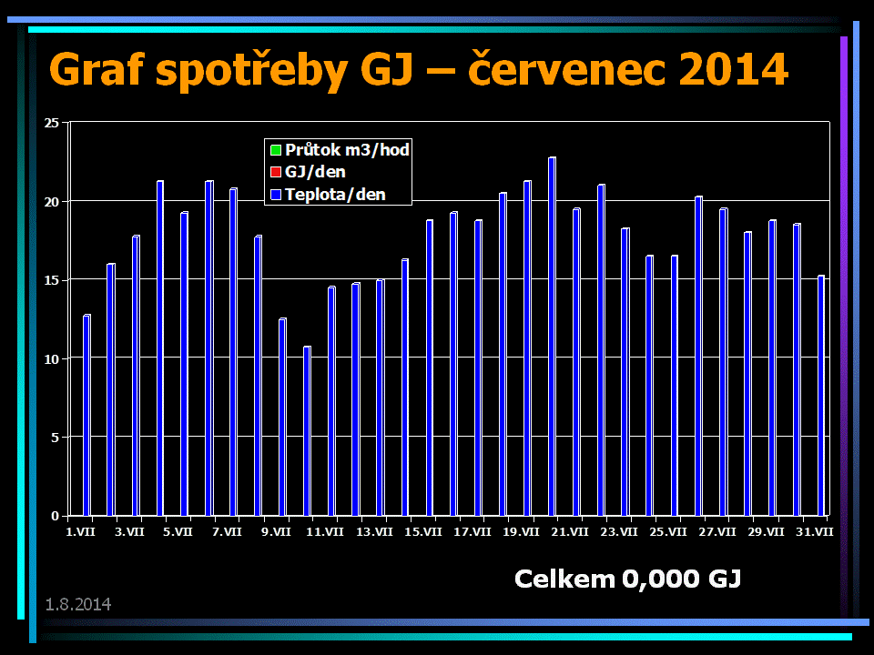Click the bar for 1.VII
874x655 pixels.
pyautogui.click(x=87, y=415)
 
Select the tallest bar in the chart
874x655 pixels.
pyautogui.click(x=552, y=337)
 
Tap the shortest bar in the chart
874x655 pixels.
pyautogui.click(x=308, y=430)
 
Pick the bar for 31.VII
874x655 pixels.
pyautogui.click(x=821, y=395)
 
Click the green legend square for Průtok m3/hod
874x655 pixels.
pyautogui.click(x=275, y=149)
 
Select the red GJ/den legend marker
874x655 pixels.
pyautogui.click(x=275, y=172)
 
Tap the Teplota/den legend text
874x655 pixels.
pyautogui.click(x=334, y=194)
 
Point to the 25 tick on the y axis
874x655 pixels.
pyautogui.click(x=52, y=122)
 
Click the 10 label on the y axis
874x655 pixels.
pyautogui.click(x=52, y=358)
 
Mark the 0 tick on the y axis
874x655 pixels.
pyautogui.click(x=56, y=516)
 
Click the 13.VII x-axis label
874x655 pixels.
pyautogui.click(x=373, y=531)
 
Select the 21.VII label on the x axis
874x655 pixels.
pyautogui.click(x=570, y=531)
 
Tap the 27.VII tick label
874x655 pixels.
pyautogui.click(x=717, y=531)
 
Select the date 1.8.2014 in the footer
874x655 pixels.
pyautogui.click(x=78, y=603)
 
